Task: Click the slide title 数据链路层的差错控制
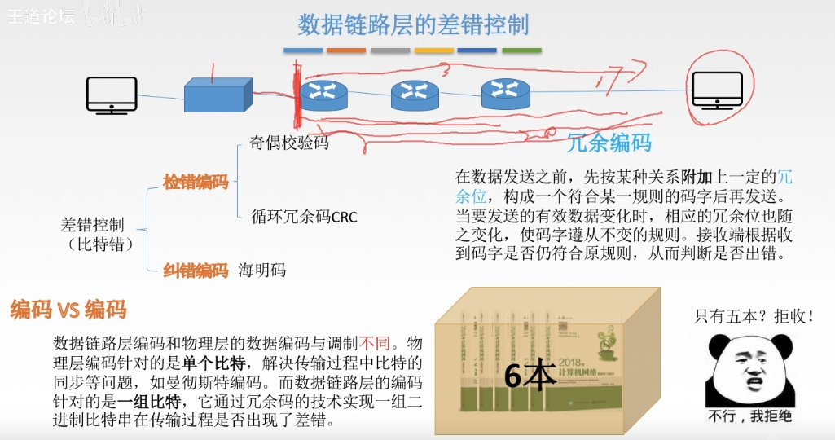[412, 24]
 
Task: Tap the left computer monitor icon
[112, 95]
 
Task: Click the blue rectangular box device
[213, 96]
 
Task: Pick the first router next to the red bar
[323, 95]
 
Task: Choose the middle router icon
[415, 95]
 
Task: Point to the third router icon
[505, 95]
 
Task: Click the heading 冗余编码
[609, 143]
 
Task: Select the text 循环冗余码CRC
[304, 217]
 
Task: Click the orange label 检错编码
[196, 182]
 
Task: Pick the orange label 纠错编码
[196, 271]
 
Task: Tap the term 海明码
[262, 271]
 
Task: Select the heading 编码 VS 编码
[68, 310]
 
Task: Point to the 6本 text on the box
[530, 375]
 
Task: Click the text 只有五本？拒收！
[754, 316]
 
